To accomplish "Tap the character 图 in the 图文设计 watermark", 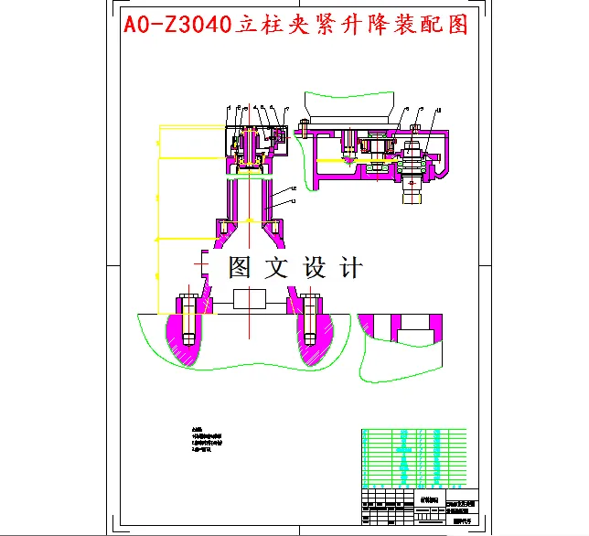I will point(240,268).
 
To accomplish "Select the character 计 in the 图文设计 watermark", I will point(350,268).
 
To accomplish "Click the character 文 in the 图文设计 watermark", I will point(276,268).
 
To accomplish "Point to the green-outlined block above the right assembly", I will point(352,103).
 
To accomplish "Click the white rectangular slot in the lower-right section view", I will point(416,326).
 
